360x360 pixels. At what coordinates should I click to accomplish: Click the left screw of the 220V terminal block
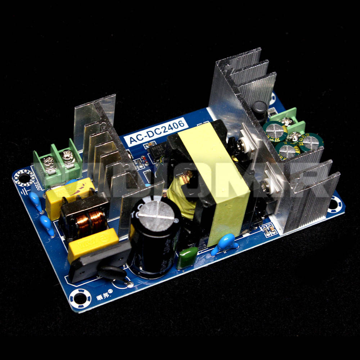49,162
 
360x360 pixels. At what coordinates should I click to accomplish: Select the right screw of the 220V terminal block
67,156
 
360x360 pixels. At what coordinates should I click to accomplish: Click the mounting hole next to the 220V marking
24,177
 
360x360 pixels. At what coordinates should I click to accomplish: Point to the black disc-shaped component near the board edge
112,273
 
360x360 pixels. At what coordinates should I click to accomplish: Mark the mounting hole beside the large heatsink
334,205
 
